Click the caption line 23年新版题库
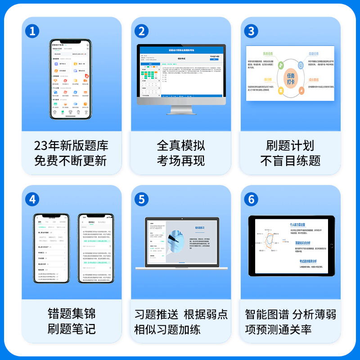tap(72, 146)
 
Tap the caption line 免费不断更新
tap(72, 161)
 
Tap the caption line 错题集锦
tap(72, 314)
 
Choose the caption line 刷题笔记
tap(72, 328)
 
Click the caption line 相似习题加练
tap(167, 329)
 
